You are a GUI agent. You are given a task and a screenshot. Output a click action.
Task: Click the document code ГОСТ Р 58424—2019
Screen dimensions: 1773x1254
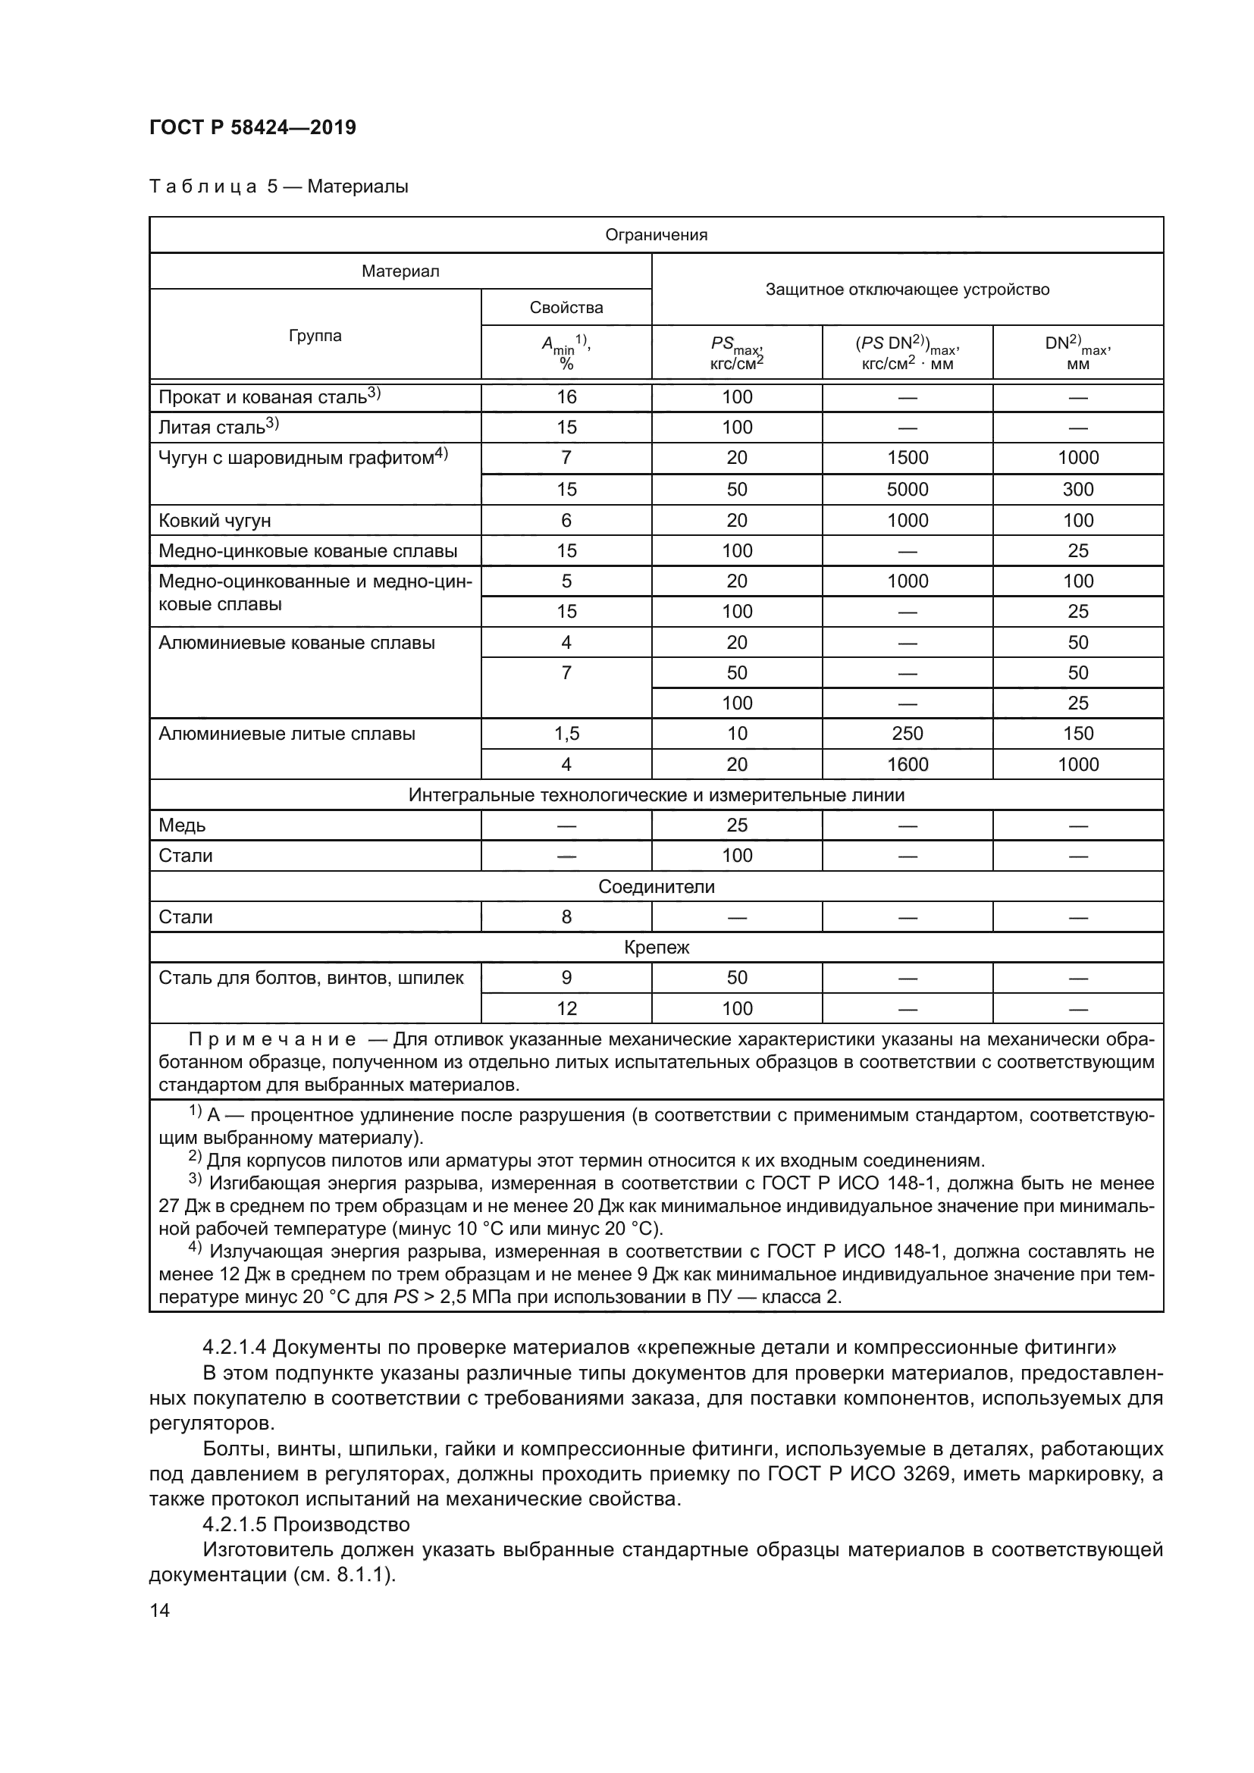pyautogui.click(x=252, y=127)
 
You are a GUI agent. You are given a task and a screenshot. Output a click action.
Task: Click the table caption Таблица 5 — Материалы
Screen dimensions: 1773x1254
pyautogui.click(x=278, y=186)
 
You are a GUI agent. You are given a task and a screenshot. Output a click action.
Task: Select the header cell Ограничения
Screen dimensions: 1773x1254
pyautogui.click(x=656, y=235)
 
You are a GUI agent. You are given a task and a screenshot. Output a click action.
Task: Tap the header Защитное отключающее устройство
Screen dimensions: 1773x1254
pyautogui.click(x=907, y=290)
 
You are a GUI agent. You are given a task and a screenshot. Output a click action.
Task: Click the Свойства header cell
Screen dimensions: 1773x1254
pyautogui.click(x=566, y=307)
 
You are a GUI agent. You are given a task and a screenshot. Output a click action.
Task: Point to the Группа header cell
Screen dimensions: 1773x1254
pyautogui.click(x=315, y=335)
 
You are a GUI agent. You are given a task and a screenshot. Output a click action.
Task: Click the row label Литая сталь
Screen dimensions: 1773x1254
pyautogui.click(x=212, y=427)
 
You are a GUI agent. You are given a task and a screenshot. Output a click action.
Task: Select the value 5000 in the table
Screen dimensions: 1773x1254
pyautogui.click(x=908, y=489)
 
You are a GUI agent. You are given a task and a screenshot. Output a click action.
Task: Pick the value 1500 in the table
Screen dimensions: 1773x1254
pyautogui.click(x=908, y=457)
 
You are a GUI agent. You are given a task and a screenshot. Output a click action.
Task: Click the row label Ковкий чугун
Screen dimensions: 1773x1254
pyautogui.click(x=215, y=521)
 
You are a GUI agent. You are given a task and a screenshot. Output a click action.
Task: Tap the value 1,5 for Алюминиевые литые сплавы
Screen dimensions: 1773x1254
pyautogui.click(x=566, y=733)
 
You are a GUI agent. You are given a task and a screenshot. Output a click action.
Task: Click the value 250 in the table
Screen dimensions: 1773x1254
pyautogui.click(x=908, y=733)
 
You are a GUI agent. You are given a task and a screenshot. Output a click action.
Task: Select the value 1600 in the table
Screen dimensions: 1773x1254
pyautogui.click(x=908, y=764)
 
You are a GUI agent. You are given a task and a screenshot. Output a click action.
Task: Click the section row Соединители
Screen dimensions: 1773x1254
pyautogui.click(x=656, y=887)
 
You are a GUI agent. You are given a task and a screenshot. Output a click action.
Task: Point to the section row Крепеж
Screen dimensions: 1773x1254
pyautogui.click(x=656, y=947)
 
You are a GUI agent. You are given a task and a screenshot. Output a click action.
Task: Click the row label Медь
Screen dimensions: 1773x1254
pyautogui.click(x=182, y=825)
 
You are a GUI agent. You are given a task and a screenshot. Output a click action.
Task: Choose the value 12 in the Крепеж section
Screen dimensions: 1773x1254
pyautogui.click(x=566, y=1007)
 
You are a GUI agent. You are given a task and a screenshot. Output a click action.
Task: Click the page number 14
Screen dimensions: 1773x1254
pyautogui.click(x=160, y=1610)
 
